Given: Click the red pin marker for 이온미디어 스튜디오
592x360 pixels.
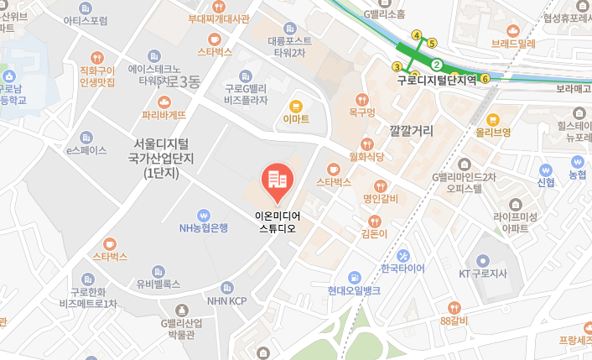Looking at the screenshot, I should [277, 180].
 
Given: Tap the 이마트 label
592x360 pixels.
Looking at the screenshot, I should [296, 118].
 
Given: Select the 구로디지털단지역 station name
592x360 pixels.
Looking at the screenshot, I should [437, 81].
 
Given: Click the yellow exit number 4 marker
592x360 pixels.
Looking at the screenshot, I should [417, 35].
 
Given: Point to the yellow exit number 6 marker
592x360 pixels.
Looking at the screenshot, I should [485, 78].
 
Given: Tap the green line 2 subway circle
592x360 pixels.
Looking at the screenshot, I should [437, 64].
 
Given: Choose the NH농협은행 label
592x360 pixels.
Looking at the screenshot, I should [203, 227].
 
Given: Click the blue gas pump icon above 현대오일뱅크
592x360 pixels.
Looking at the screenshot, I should [355, 276].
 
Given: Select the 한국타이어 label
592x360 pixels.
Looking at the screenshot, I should [402, 269].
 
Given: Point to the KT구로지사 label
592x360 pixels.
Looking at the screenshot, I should [484, 274].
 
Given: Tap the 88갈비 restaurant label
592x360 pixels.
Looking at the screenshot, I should [453, 320].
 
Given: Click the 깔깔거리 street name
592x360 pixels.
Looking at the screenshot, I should [412, 131].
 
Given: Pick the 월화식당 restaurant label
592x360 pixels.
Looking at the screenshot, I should [366, 155].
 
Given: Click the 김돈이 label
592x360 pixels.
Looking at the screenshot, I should [373, 233].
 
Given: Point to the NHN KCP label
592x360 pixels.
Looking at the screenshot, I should [227, 300].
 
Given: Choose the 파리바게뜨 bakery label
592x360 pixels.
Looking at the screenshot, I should [164, 114].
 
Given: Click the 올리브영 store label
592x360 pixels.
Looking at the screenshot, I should [493, 132].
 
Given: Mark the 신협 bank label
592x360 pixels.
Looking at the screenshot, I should [545, 182].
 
